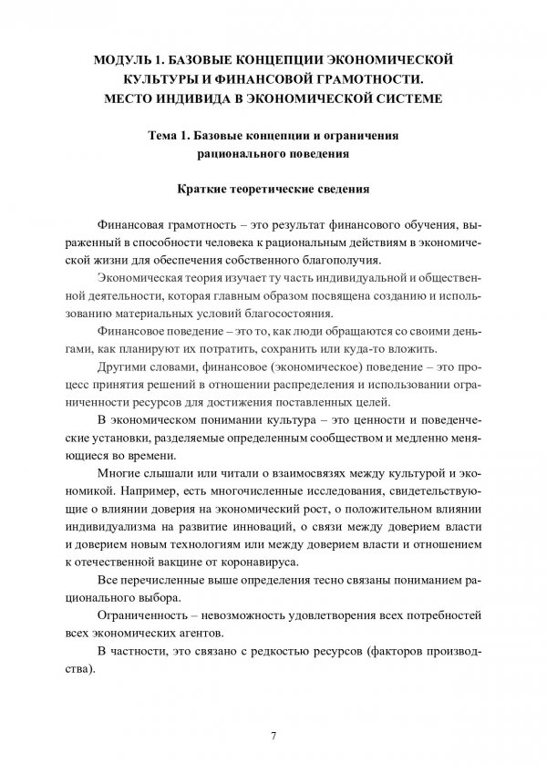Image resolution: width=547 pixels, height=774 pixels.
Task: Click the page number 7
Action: pos(273,735)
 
